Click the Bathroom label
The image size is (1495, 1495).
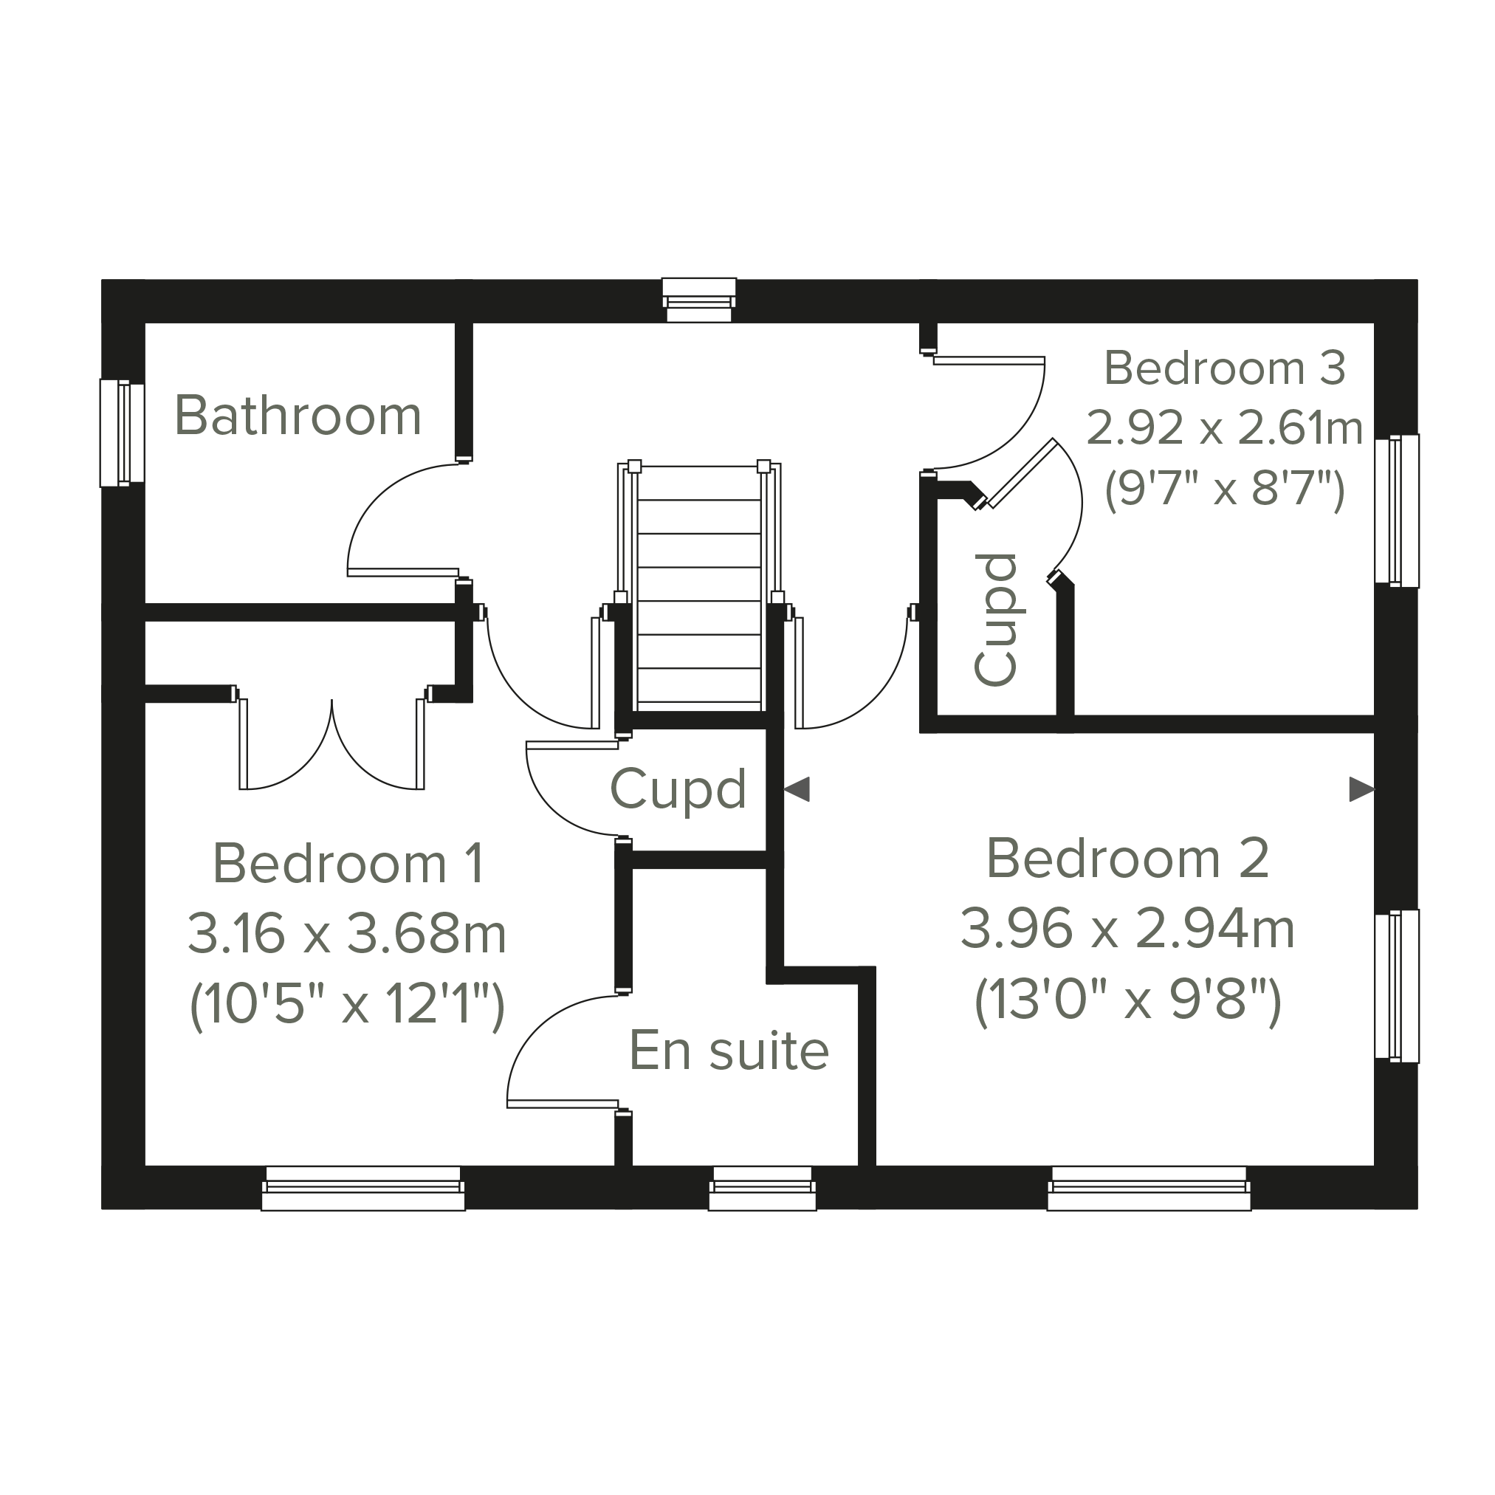point(298,416)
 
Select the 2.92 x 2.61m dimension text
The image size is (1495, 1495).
point(1224,427)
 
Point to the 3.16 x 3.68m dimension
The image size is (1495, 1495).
point(347,933)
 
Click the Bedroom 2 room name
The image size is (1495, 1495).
point(1127,858)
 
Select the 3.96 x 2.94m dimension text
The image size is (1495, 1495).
point(1127,929)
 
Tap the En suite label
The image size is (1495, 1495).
point(729,1050)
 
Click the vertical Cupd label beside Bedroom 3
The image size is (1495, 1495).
point(996,620)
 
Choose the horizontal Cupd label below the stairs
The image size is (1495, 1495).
point(678,789)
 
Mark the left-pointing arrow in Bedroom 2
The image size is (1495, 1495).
point(797,789)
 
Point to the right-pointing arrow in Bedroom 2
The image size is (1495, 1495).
point(1362,789)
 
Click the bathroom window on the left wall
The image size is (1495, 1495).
point(123,433)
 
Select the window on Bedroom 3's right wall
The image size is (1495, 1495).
point(1397,511)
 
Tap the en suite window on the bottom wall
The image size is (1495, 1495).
point(762,1187)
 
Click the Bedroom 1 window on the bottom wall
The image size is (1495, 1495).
point(363,1187)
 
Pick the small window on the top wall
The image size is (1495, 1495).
point(698,300)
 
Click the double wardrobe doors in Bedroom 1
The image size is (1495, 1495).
point(332,740)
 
